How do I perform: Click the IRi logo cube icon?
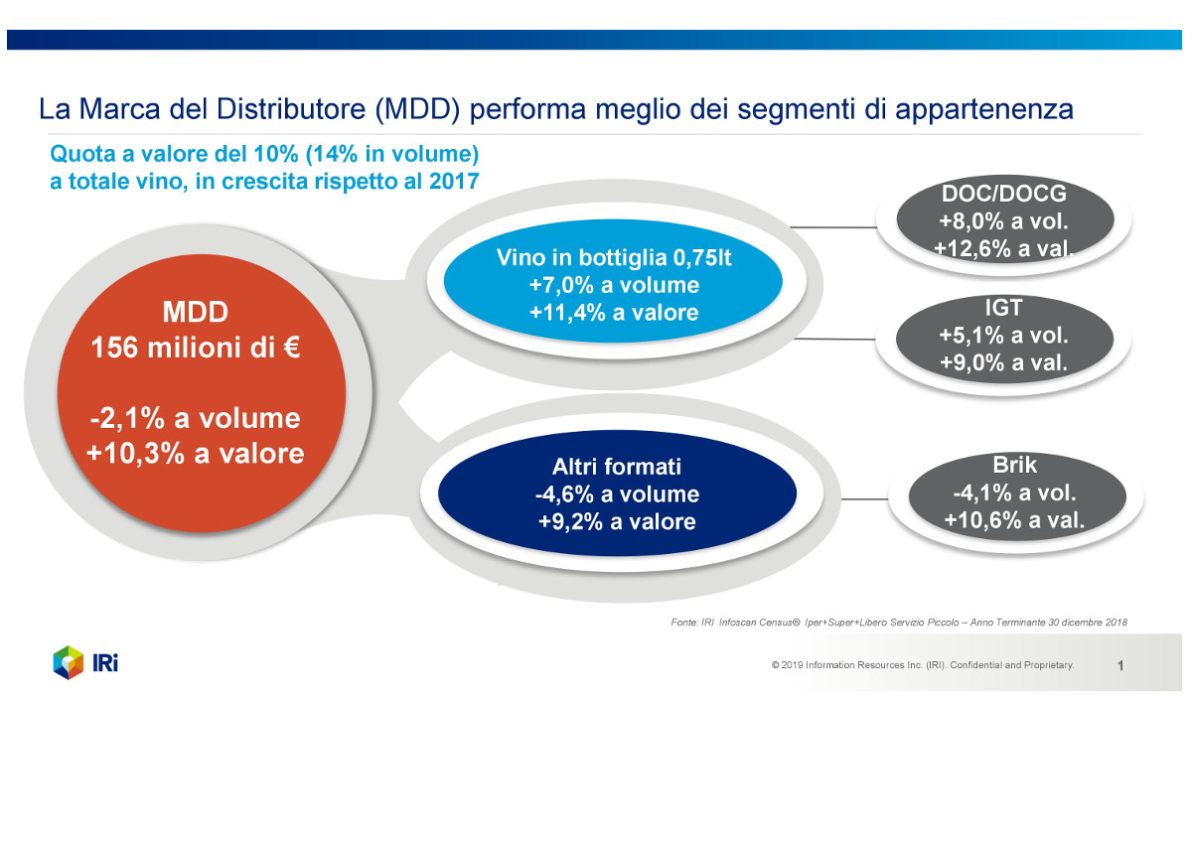(x=69, y=662)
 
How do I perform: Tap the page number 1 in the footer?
(x=1120, y=666)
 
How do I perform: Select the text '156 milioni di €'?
(x=196, y=350)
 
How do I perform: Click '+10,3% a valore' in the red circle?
(x=196, y=453)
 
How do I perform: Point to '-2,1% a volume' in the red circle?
(x=196, y=418)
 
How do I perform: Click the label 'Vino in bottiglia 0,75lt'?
(x=614, y=258)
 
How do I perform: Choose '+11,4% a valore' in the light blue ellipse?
(x=614, y=313)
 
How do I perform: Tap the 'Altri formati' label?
(x=617, y=467)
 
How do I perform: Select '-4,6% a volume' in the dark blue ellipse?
(x=617, y=494)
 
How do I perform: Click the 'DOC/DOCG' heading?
(x=1003, y=195)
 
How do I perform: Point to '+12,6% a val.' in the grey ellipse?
(x=1003, y=248)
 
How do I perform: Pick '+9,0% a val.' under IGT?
(x=1003, y=363)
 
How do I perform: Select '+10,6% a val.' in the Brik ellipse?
(x=1013, y=519)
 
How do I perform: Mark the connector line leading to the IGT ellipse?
(x=834, y=339)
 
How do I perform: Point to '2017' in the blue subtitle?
(x=454, y=182)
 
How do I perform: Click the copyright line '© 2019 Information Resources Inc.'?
(x=922, y=665)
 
